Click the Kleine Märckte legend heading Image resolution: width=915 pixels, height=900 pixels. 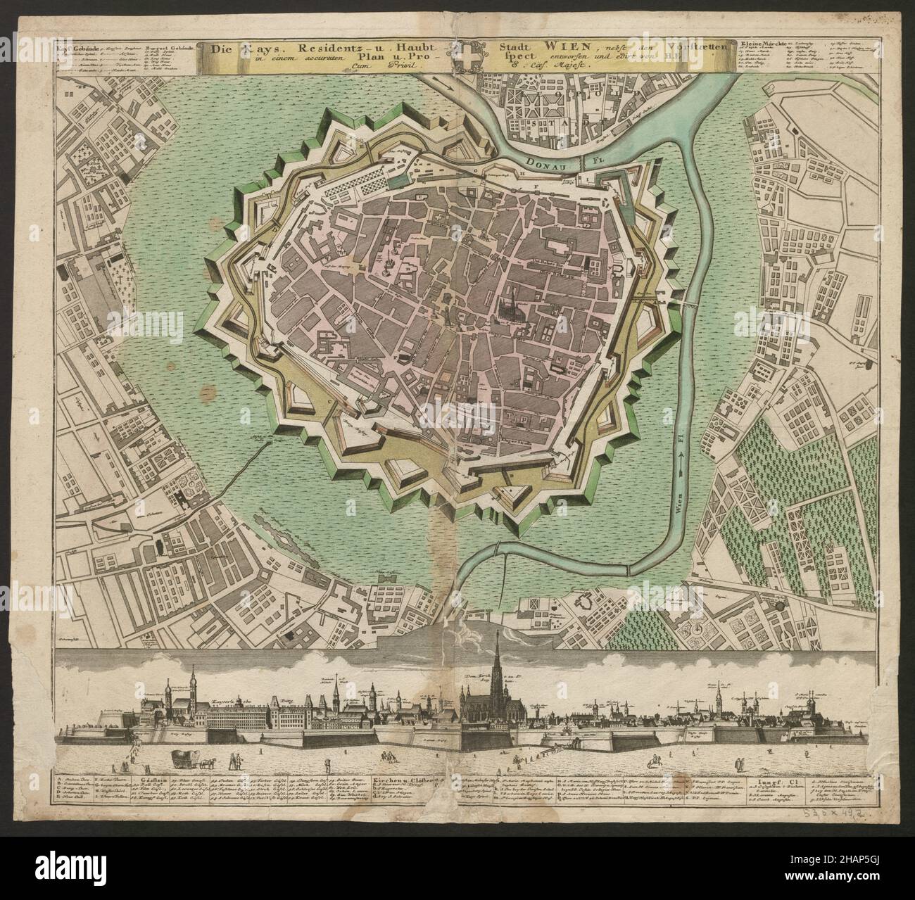click(763, 44)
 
